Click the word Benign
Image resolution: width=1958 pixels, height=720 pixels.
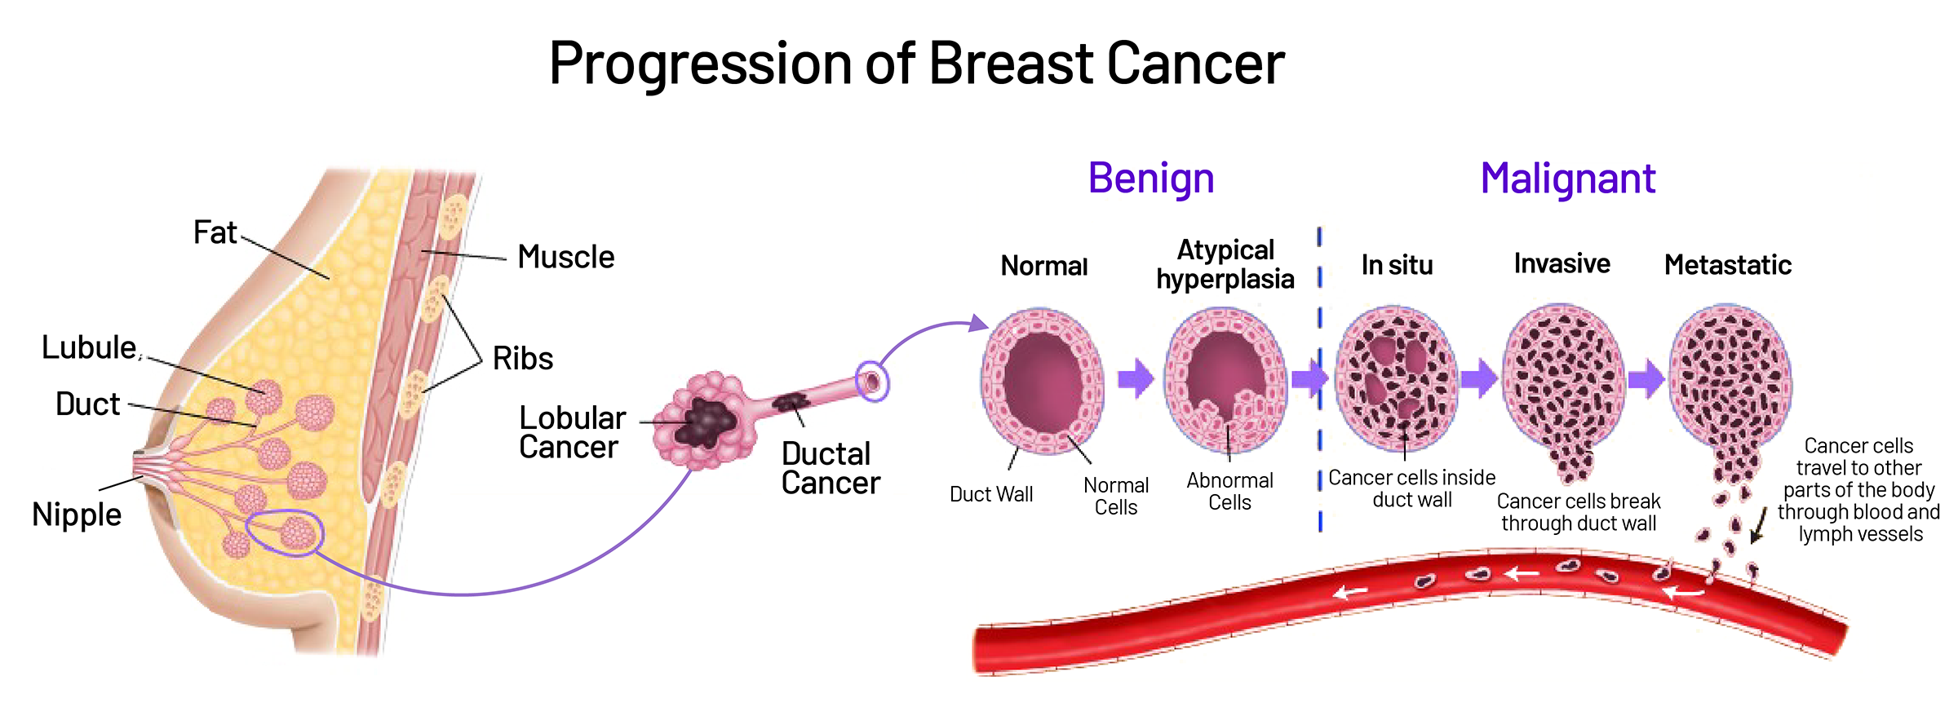[1151, 179]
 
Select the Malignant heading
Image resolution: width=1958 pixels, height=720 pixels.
[1568, 179]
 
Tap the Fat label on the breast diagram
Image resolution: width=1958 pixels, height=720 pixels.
[215, 232]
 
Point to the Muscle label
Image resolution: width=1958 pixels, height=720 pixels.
[566, 257]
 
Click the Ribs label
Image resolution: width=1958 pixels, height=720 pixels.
[523, 358]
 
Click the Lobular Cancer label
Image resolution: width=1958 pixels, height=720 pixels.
[573, 432]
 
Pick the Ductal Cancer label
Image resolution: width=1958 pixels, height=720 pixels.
[831, 468]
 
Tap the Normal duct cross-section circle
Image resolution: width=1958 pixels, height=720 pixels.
[1043, 381]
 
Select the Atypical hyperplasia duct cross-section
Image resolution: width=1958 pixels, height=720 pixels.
[1225, 380]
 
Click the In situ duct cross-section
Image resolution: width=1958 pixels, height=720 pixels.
[1397, 378]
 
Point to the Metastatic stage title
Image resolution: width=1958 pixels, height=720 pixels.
[1728, 265]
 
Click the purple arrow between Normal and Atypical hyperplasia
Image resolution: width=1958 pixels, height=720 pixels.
[1136, 378]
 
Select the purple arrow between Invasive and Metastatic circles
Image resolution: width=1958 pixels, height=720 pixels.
[1646, 379]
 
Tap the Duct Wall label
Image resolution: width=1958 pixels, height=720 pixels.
[991, 494]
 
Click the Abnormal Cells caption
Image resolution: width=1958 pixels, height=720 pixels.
[1229, 492]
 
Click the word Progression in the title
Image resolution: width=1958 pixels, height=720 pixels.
[701, 64]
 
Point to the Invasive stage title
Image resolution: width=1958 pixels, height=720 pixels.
[1562, 263]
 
